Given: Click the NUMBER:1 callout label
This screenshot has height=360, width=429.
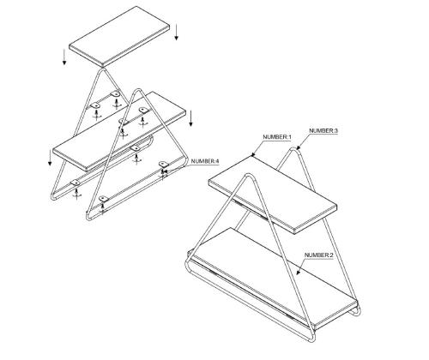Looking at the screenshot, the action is click(x=277, y=137).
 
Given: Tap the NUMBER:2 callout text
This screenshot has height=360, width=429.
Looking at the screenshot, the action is click(x=318, y=255).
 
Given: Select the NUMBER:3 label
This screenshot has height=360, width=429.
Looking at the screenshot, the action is click(x=323, y=130).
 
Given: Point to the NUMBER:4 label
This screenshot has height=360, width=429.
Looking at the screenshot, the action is click(x=205, y=161).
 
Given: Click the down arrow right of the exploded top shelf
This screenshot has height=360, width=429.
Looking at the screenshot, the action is click(x=177, y=33).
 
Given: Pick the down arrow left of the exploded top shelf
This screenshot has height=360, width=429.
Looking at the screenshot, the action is click(x=64, y=57).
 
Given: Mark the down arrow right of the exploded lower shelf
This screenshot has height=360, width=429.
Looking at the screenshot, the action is click(x=191, y=118).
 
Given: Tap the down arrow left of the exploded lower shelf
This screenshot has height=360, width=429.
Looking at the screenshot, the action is click(x=50, y=158).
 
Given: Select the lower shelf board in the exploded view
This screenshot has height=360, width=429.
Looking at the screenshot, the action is click(x=119, y=131).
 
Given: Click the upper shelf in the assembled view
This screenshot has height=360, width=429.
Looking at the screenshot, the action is click(x=272, y=195).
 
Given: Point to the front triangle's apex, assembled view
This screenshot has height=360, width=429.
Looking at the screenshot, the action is click(x=249, y=175).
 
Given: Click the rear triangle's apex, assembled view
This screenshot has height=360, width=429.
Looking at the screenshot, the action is click(x=294, y=149).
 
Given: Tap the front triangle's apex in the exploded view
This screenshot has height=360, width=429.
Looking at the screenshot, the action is click(x=138, y=90).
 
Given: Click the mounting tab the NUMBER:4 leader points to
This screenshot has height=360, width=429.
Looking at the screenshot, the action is click(x=163, y=164).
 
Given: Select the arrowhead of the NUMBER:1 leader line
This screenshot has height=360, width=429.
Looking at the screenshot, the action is click(x=252, y=155).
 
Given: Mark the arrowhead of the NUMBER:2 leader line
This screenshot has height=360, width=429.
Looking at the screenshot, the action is click(x=298, y=273).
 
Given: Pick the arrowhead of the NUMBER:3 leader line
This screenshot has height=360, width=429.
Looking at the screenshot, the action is click(x=298, y=148).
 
